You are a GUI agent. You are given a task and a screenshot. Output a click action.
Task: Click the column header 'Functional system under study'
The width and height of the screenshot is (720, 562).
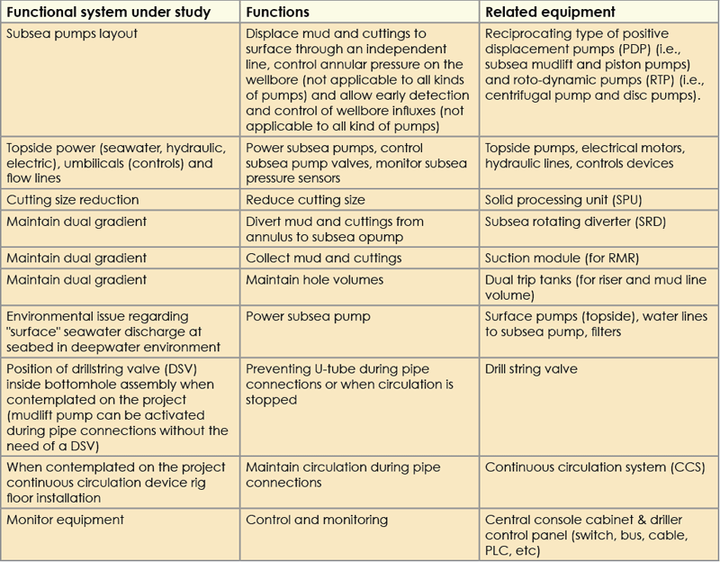coord(108,13)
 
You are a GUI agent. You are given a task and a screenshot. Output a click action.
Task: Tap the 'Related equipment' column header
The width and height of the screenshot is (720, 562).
coord(551,13)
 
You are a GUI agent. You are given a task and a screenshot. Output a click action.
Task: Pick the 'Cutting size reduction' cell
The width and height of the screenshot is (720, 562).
coord(73,199)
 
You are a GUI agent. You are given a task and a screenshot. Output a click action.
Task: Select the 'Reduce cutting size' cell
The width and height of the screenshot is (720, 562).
coord(305,199)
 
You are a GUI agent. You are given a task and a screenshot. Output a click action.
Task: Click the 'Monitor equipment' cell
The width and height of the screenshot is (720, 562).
coord(65,520)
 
